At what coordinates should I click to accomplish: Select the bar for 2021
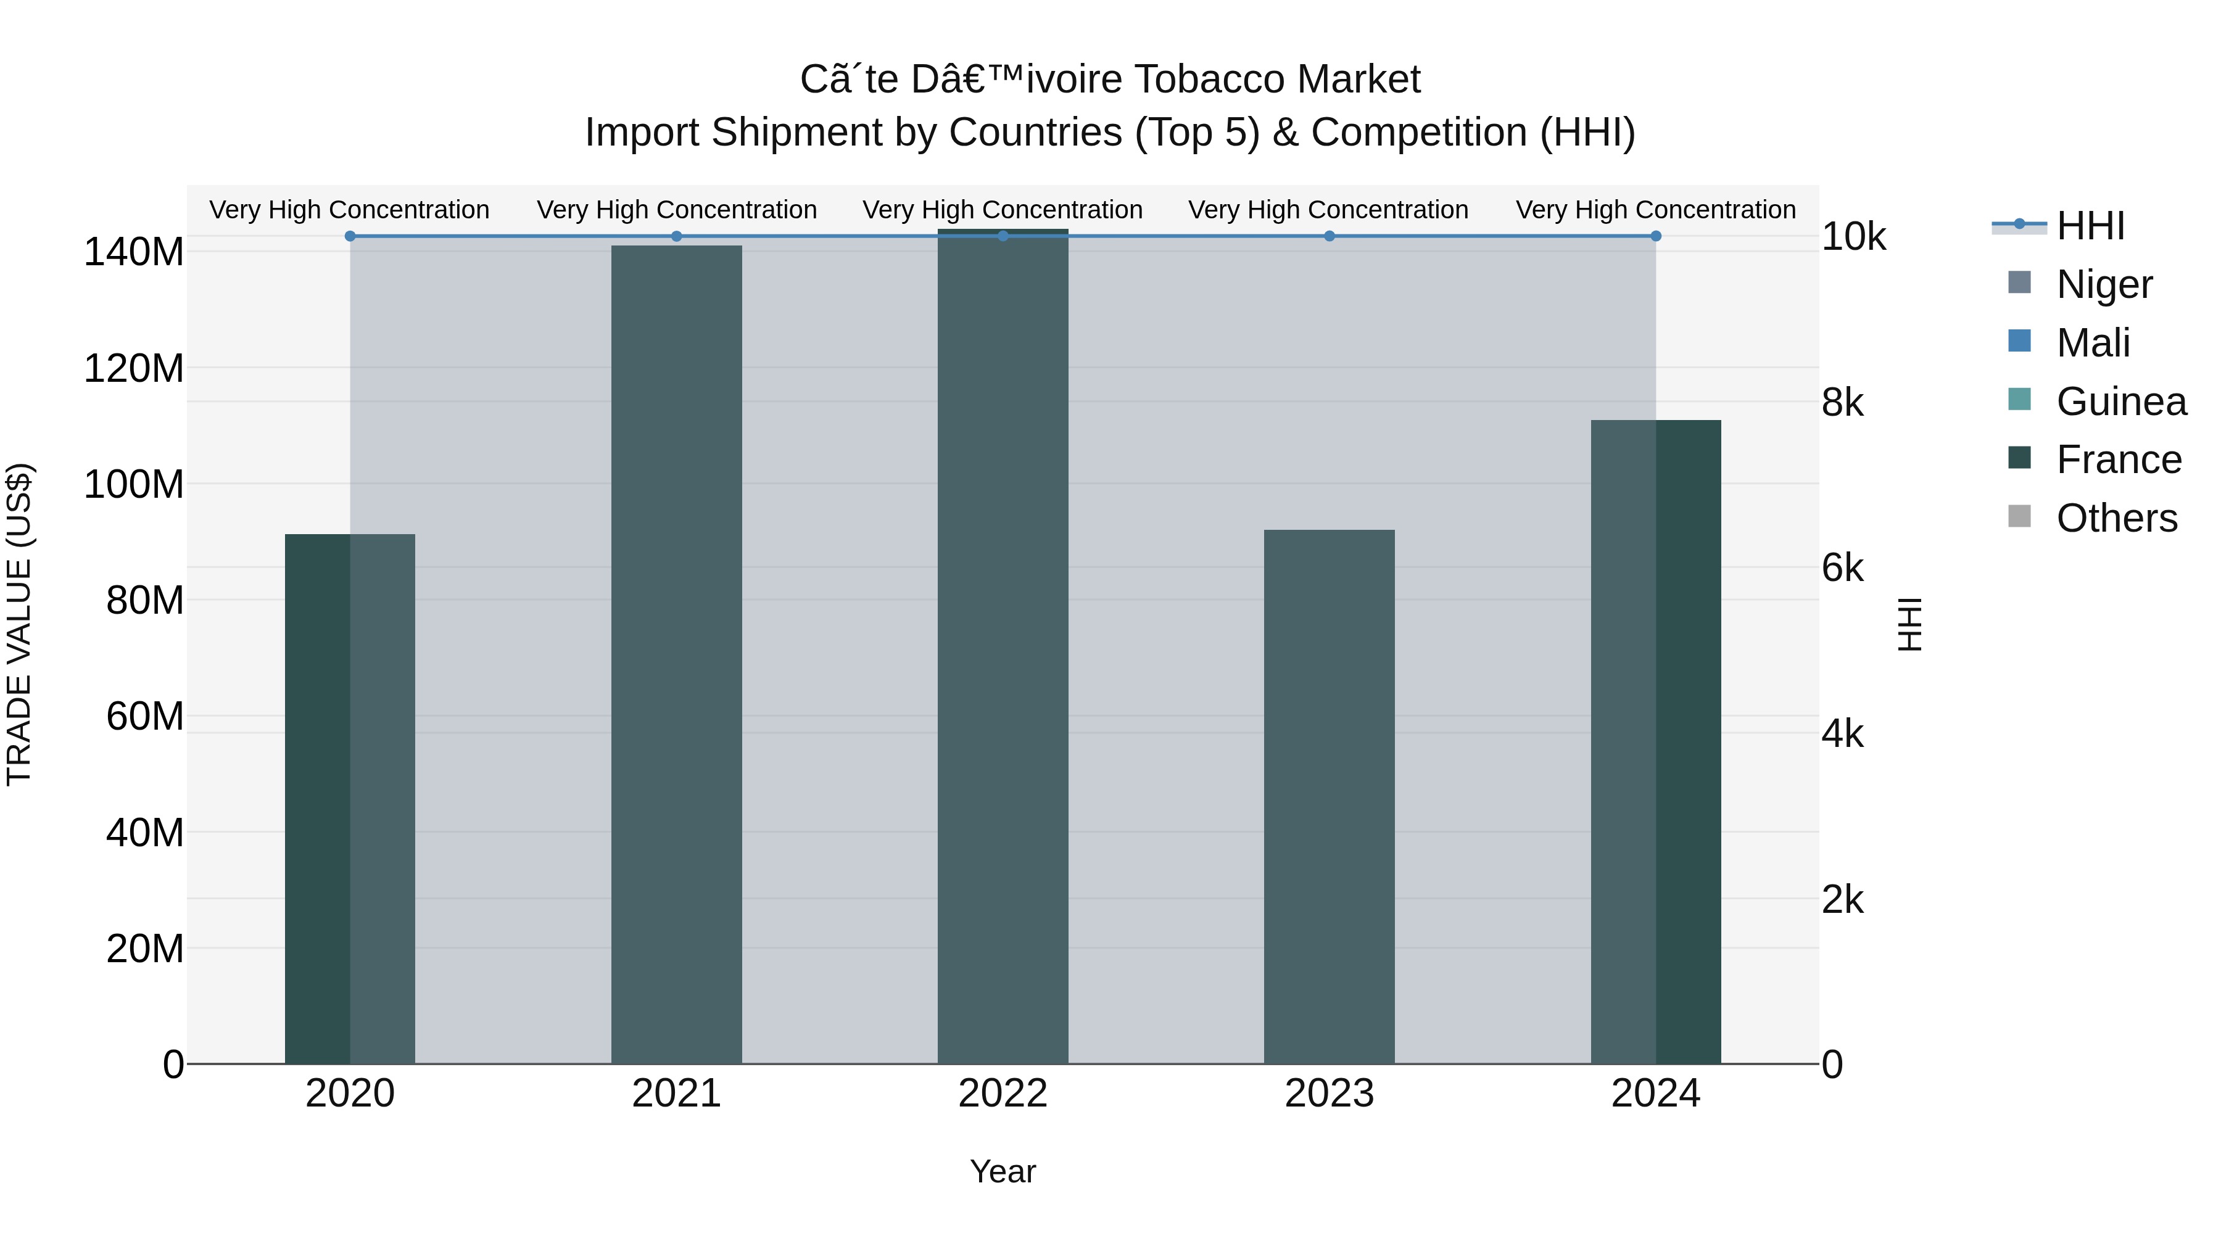pyautogui.click(x=676, y=655)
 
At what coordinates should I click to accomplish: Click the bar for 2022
pyautogui.click(x=1003, y=646)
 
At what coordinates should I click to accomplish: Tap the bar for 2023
pyautogui.click(x=1329, y=798)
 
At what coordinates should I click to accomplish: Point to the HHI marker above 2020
pyautogui.click(x=350, y=236)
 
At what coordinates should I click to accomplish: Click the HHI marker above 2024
pyautogui.click(x=1655, y=236)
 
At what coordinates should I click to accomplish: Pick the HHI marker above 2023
pyautogui.click(x=1329, y=236)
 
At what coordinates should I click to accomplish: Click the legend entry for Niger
pyautogui.click(x=2104, y=284)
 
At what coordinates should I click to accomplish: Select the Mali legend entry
pyautogui.click(x=2093, y=343)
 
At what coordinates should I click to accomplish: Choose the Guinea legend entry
pyautogui.click(x=2121, y=402)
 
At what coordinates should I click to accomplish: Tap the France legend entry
pyautogui.click(x=2119, y=460)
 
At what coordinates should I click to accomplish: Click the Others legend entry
pyautogui.click(x=2117, y=518)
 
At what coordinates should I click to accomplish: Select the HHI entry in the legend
pyautogui.click(x=2090, y=226)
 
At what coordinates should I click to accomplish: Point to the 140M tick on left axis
pyautogui.click(x=134, y=252)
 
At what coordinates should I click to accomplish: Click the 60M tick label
pyautogui.click(x=144, y=716)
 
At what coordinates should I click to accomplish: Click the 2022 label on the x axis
pyautogui.click(x=1003, y=1094)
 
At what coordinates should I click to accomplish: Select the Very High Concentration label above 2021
pyautogui.click(x=677, y=210)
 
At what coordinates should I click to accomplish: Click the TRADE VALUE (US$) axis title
pyautogui.click(x=19, y=624)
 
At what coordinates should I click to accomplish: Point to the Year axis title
pyautogui.click(x=1003, y=1171)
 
